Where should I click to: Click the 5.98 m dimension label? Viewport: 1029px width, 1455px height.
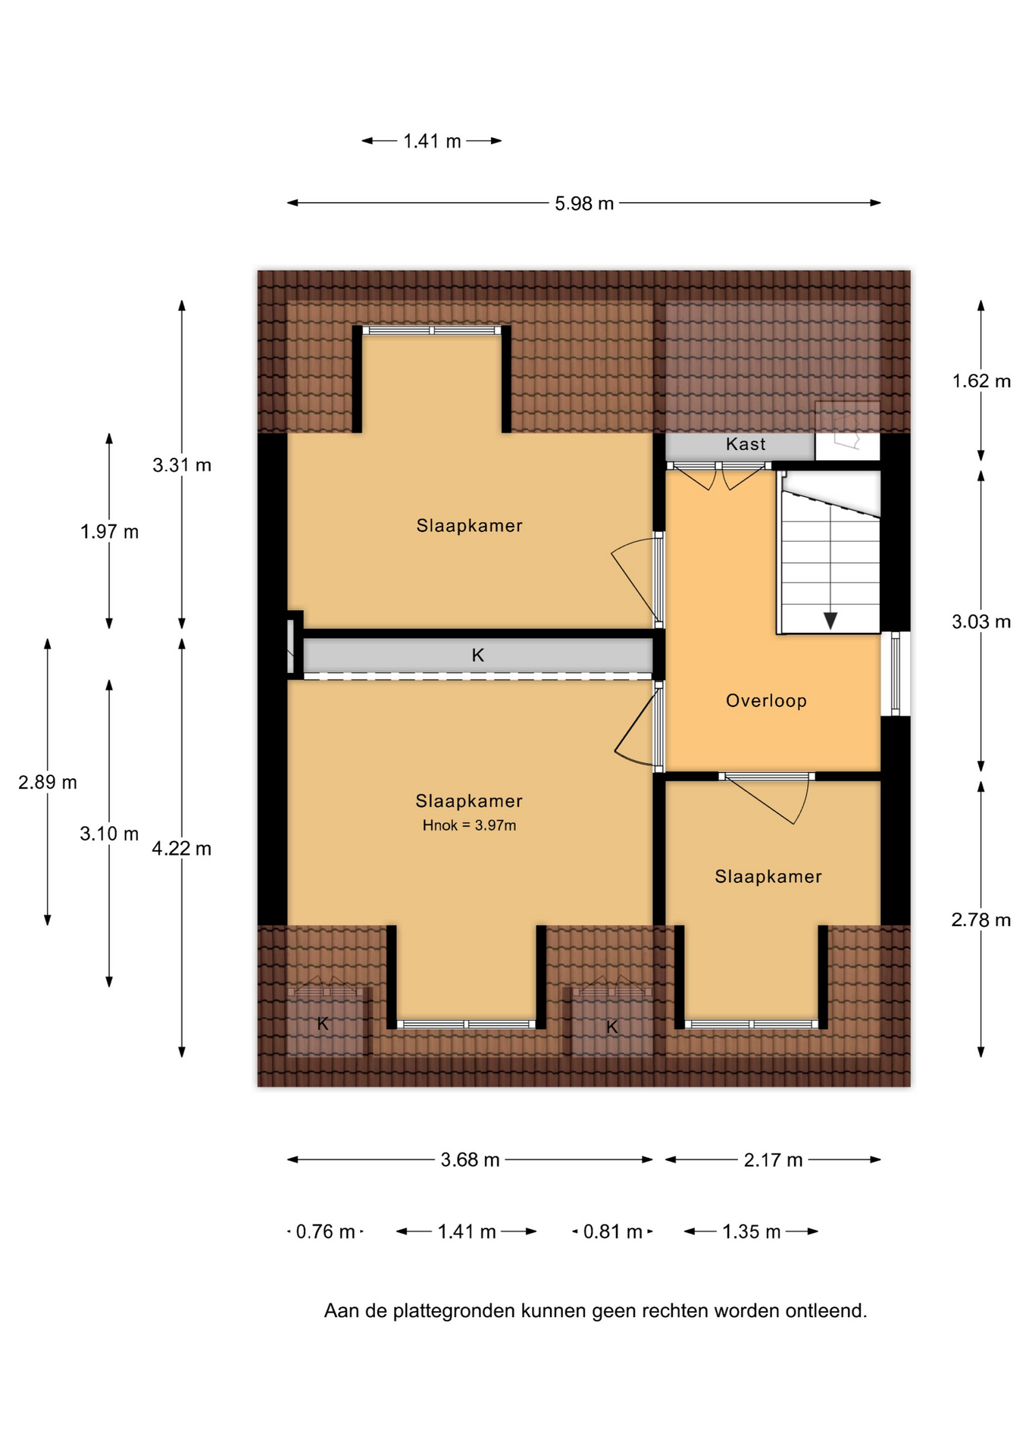pyautogui.click(x=583, y=204)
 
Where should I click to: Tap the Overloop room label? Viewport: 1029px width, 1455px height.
pyautogui.click(x=766, y=701)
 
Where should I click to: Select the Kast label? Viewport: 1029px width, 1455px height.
pyautogui.click(x=746, y=444)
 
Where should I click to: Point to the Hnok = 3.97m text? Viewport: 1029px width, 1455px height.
pyautogui.click(x=469, y=825)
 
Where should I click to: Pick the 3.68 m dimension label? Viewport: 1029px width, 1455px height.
pyautogui.click(x=470, y=1160)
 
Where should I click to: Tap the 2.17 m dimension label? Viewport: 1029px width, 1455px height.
pyautogui.click(x=773, y=1160)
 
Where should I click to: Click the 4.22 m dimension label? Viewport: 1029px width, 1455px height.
pyautogui.click(x=181, y=849)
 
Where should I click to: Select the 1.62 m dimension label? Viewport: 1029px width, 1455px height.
pyautogui.click(x=981, y=381)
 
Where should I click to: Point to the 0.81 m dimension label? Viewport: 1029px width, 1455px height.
pyautogui.click(x=612, y=1231)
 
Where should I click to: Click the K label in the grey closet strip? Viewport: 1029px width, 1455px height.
pyautogui.click(x=477, y=656)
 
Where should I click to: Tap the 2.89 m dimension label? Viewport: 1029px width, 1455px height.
pyautogui.click(x=48, y=782)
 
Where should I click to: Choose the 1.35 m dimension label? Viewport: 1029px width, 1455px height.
pyautogui.click(x=751, y=1231)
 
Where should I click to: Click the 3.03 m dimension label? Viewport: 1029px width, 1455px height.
pyautogui.click(x=981, y=622)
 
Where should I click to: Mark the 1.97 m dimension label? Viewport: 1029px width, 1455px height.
pyautogui.click(x=109, y=532)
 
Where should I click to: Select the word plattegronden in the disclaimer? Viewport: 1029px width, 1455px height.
pyautogui.click(x=454, y=1311)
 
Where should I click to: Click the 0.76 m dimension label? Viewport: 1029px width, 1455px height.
pyautogui.click(x=325, y=1231)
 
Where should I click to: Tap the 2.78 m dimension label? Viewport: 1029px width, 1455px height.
pyautogui.click(x=981, y=920)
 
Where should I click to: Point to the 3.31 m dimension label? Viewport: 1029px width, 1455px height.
pyautogui.click(x=182, y=465)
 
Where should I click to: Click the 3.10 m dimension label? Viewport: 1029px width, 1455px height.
pyautogui.click(x=109, y=834)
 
